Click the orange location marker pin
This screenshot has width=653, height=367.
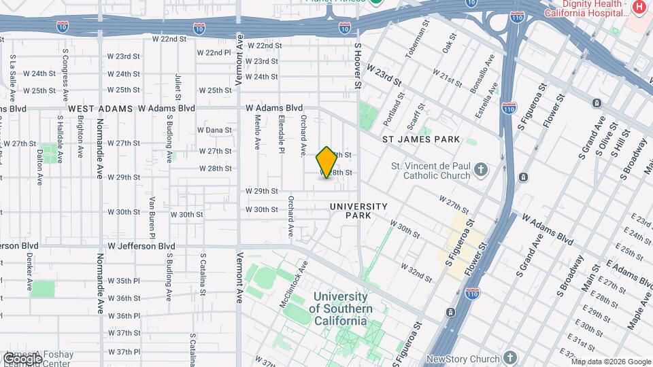click(326, 162)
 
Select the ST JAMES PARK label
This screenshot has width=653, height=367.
click(420, 139)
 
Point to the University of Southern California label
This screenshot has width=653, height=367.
click(341, 309)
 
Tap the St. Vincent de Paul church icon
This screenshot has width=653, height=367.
click(481, 169)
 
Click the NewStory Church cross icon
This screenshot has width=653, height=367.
click(511, 358)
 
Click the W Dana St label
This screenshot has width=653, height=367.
click(214, 130)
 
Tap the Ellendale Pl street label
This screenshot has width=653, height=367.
click(280, 133)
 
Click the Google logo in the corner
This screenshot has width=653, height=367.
click(22, 358)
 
